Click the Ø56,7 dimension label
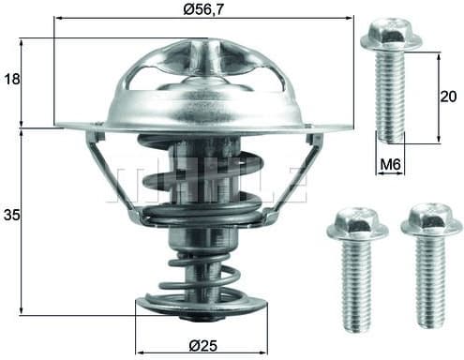click(203, 9)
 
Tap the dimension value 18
click(12, 80)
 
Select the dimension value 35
click(11, 215)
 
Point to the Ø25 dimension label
click(203, 346)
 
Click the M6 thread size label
click(390, 164)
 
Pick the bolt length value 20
click(448, 97)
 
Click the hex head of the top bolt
click(391, 34)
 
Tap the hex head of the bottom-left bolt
click(357, 226)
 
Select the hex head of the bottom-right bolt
click(431, 221)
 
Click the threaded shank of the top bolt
click(390, 97)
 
